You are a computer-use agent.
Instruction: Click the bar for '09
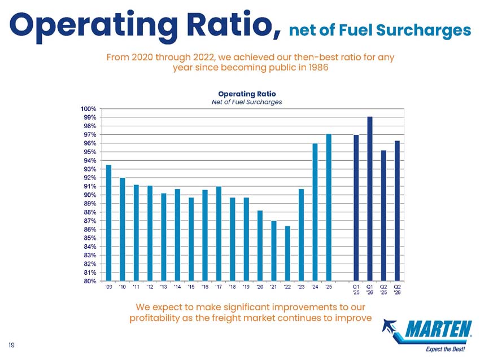click(x=108, y=223)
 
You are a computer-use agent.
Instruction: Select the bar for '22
click(x=287, y=253)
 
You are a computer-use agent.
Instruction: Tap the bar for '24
click(x=315, y=212)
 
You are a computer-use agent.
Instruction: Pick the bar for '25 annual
click(x=329, y=208)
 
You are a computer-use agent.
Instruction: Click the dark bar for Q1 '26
click(x=370, y=199)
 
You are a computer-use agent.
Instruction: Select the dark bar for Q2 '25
click(x=383, y=216)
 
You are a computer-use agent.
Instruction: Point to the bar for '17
click(x=219, y=234)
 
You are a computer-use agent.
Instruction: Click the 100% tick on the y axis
click(x=88, y=109)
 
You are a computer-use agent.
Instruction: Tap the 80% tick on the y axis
click(x=89, y=281)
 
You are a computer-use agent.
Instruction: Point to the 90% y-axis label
click(x=89, y=195)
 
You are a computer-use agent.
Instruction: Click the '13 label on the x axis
click(x=163, y=287)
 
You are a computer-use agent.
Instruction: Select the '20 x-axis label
click(x=260, y=287)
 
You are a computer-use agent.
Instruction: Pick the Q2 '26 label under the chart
click(x=397, y=289)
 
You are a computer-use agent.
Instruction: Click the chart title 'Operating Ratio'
click(x=247, y=94)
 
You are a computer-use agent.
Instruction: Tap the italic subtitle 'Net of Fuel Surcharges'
click(x=247, y=102)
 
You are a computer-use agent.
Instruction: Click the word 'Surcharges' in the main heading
click(x=424, y=30)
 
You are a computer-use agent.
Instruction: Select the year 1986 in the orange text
click(x=318, y=67)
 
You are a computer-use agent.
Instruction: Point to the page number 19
click(x=12, y=345)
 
